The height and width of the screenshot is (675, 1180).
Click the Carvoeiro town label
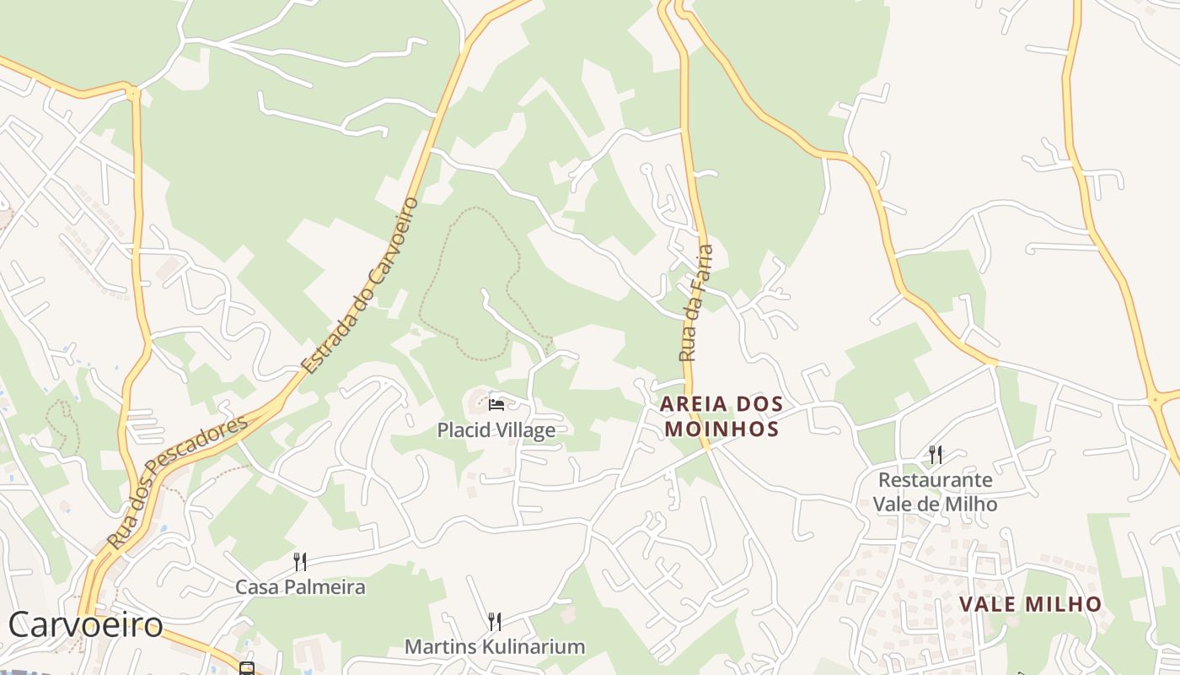[85, 625]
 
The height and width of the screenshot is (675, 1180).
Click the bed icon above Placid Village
[496, 405]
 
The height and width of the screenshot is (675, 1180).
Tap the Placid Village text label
[496, 430]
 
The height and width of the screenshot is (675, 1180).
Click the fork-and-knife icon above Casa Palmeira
[299, 561]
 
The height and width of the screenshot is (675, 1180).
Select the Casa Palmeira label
[299, 587]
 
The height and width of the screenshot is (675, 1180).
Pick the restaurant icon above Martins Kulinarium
[495, 622]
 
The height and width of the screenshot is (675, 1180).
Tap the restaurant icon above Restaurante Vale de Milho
[935, 455]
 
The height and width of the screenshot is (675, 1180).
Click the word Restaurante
[935, 480]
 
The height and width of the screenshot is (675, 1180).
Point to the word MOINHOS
[721, 429]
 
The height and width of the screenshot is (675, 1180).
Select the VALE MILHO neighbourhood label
[1030, 604]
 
